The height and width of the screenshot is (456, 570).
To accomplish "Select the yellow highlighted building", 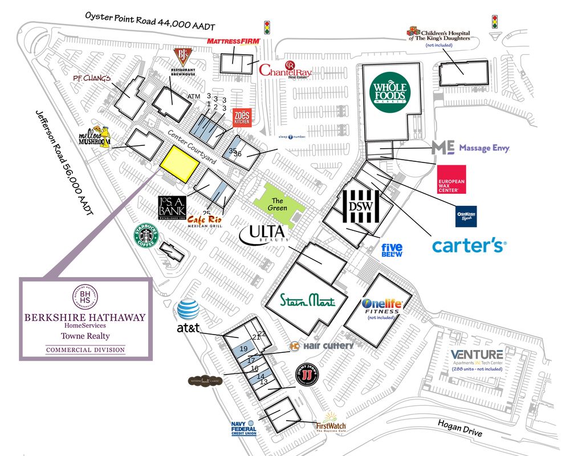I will [179, 163].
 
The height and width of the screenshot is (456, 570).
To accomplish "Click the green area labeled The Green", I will [278, 203].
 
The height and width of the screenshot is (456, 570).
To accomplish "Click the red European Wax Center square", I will [451, 180].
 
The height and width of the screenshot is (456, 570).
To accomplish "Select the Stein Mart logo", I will [308, 300].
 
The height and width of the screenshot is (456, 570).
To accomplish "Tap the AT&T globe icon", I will [188, 310].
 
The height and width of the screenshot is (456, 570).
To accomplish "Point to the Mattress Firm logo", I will [233, 42].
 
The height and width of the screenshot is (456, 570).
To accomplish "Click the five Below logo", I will [392, 250].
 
